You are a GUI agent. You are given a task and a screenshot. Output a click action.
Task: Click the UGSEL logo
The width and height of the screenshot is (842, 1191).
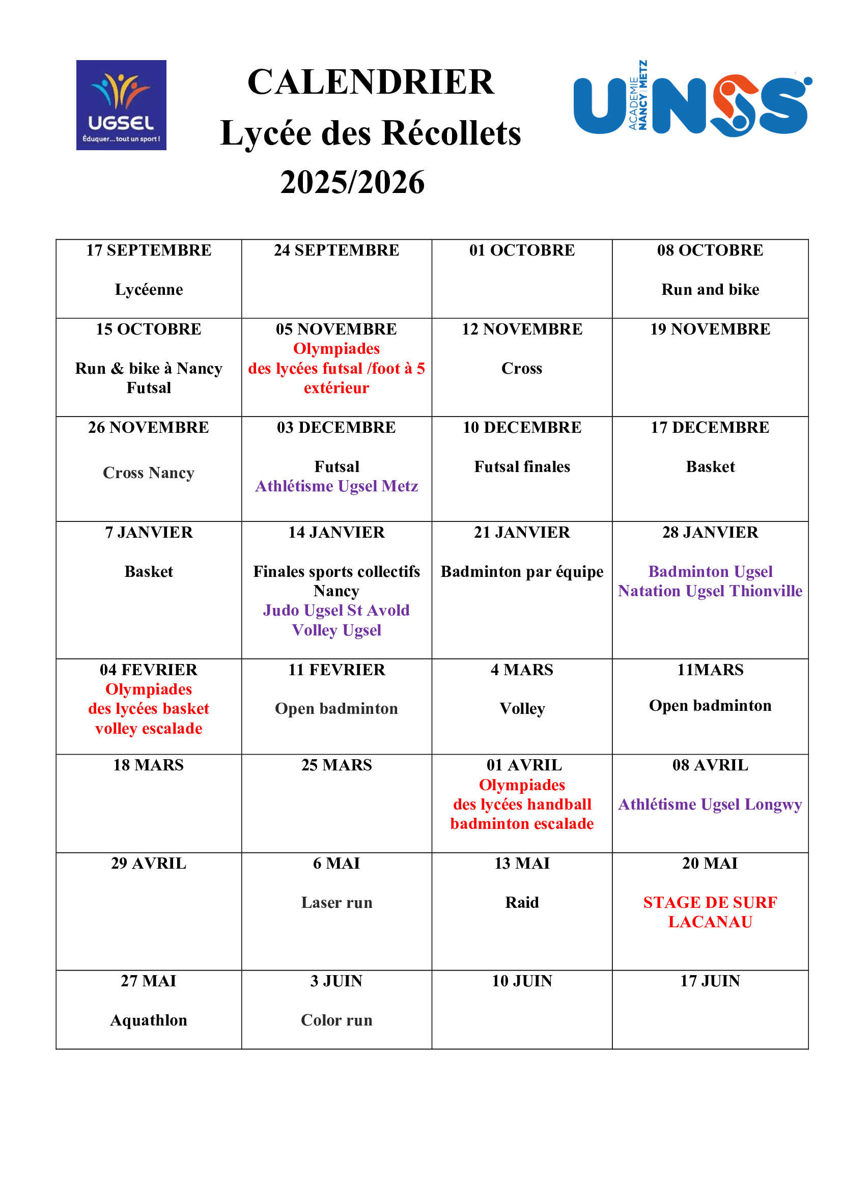pos(121,105)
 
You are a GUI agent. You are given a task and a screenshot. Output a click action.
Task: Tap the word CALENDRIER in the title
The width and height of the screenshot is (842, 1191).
pos(371,82)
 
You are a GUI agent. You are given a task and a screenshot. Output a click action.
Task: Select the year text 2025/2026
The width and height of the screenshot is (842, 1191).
pos(352,183)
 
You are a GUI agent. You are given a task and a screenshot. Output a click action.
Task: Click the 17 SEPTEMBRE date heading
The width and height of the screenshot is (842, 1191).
pos(149,250)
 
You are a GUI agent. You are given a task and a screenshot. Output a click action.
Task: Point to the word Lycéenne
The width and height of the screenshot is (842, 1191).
pos(149,289)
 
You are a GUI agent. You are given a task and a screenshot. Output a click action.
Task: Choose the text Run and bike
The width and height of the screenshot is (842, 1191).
pos(710,289)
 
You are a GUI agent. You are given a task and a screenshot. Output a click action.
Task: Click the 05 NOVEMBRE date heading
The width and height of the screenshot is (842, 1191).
pos(336,329)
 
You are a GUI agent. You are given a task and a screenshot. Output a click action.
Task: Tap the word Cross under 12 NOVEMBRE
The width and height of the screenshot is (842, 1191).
pos(522,368)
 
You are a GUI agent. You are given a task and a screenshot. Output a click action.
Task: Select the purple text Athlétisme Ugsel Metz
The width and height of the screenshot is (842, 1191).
pos(336,486)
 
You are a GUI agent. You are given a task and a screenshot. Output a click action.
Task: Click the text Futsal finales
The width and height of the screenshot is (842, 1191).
pos(522,467)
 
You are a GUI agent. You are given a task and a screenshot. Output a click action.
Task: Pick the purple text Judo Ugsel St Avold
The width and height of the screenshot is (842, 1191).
pos(336,610)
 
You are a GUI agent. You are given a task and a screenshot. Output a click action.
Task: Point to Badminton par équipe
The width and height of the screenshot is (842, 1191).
pos(522,572)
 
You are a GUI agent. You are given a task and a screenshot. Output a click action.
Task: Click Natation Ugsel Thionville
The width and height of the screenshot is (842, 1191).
pos(710,591)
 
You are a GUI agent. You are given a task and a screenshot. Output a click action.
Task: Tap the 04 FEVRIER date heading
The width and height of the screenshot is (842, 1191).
pos(149,670)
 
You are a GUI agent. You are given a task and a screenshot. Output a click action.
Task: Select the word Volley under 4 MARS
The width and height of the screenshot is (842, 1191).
pos(522,709)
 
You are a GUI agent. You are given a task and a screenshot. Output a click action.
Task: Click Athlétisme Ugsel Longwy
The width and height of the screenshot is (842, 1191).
pos(710,805)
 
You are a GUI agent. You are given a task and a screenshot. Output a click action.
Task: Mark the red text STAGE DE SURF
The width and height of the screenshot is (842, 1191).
pos(710,903)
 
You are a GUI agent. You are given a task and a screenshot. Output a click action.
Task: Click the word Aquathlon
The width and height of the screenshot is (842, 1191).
pos(149,1020)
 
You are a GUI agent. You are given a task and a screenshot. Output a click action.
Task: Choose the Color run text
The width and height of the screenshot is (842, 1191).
pos(336,1020)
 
